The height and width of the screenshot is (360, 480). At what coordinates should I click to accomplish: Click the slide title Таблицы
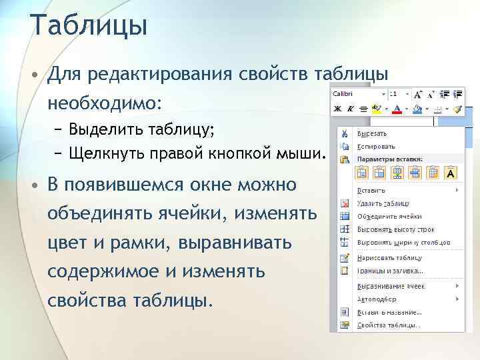click(88, 26)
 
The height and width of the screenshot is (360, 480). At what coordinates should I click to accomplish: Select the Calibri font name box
click(357, 94)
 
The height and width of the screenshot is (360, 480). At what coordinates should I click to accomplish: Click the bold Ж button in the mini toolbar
click(337, 108)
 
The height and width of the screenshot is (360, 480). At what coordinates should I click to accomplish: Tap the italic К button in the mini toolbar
click(349, 108)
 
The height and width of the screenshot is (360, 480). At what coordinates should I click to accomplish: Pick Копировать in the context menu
click(376, 146)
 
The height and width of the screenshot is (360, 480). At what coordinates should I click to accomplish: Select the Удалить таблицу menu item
click(383, 203)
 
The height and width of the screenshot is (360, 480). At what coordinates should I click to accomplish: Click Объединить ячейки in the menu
click(389, 216)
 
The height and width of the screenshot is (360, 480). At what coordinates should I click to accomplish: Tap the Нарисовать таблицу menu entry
click(390, 258)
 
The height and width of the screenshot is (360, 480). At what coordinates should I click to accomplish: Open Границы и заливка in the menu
click(390, 271)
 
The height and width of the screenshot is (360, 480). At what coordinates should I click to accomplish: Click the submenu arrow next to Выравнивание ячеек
click(457, 286)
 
